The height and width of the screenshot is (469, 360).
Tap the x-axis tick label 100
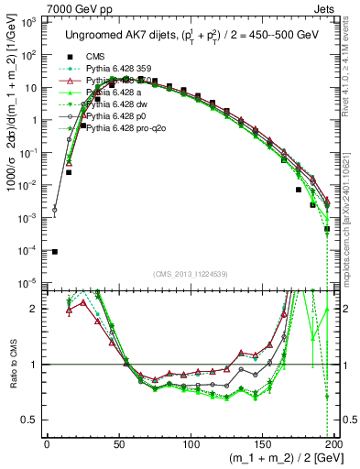[191, 442]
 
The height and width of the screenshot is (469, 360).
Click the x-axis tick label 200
[333, 442]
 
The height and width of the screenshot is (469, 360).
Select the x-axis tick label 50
[119, 442]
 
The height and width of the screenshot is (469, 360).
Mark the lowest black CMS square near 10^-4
[54, 252]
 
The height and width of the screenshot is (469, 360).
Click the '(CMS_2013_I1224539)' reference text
[190, 272]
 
